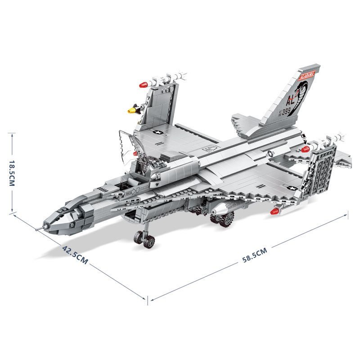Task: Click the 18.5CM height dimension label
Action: pyautogui.click(x=12, y=172)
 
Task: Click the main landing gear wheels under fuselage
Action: pyautogui.click(x=223, y=219)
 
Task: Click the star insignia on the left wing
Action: pyautogui.click(x=158, y=133)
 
